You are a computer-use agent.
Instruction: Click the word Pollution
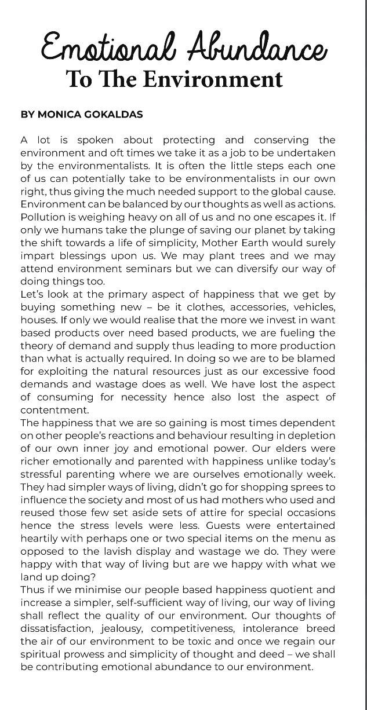(x=42, y=217)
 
